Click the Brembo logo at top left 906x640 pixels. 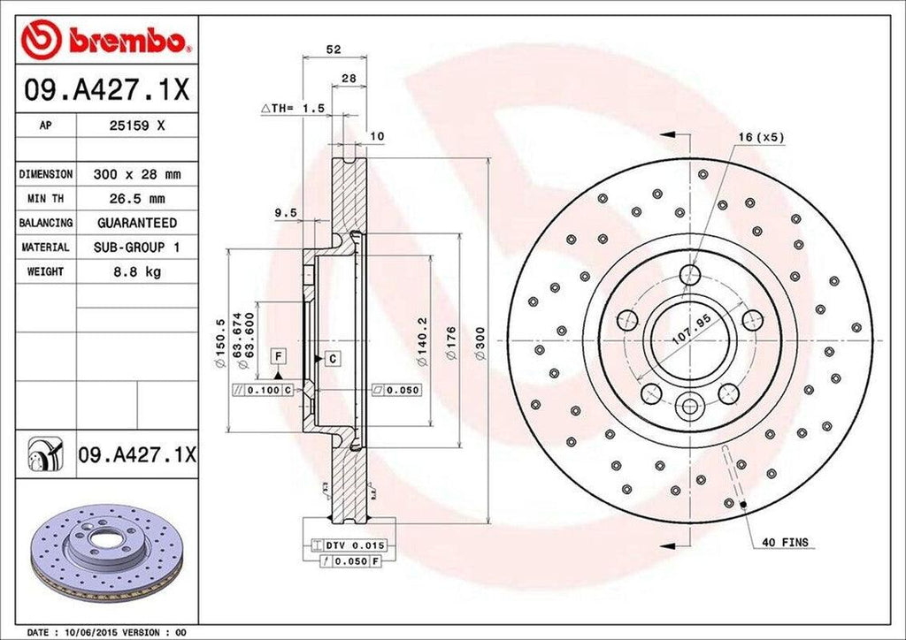coord(107,40)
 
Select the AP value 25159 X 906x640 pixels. coord(136,126)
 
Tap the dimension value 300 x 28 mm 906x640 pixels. coord(136,174)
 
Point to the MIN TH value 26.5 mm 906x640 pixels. coord(136,199)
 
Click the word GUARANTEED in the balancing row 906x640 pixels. coord(136,223)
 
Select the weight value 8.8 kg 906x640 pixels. coord(136,271)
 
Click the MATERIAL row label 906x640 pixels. coord(45,248)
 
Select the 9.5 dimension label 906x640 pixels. coord(285,212)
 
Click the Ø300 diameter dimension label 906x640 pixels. coord(479,342)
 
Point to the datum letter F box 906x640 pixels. coord(278,355)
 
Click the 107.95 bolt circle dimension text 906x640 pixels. coord(692,336)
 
